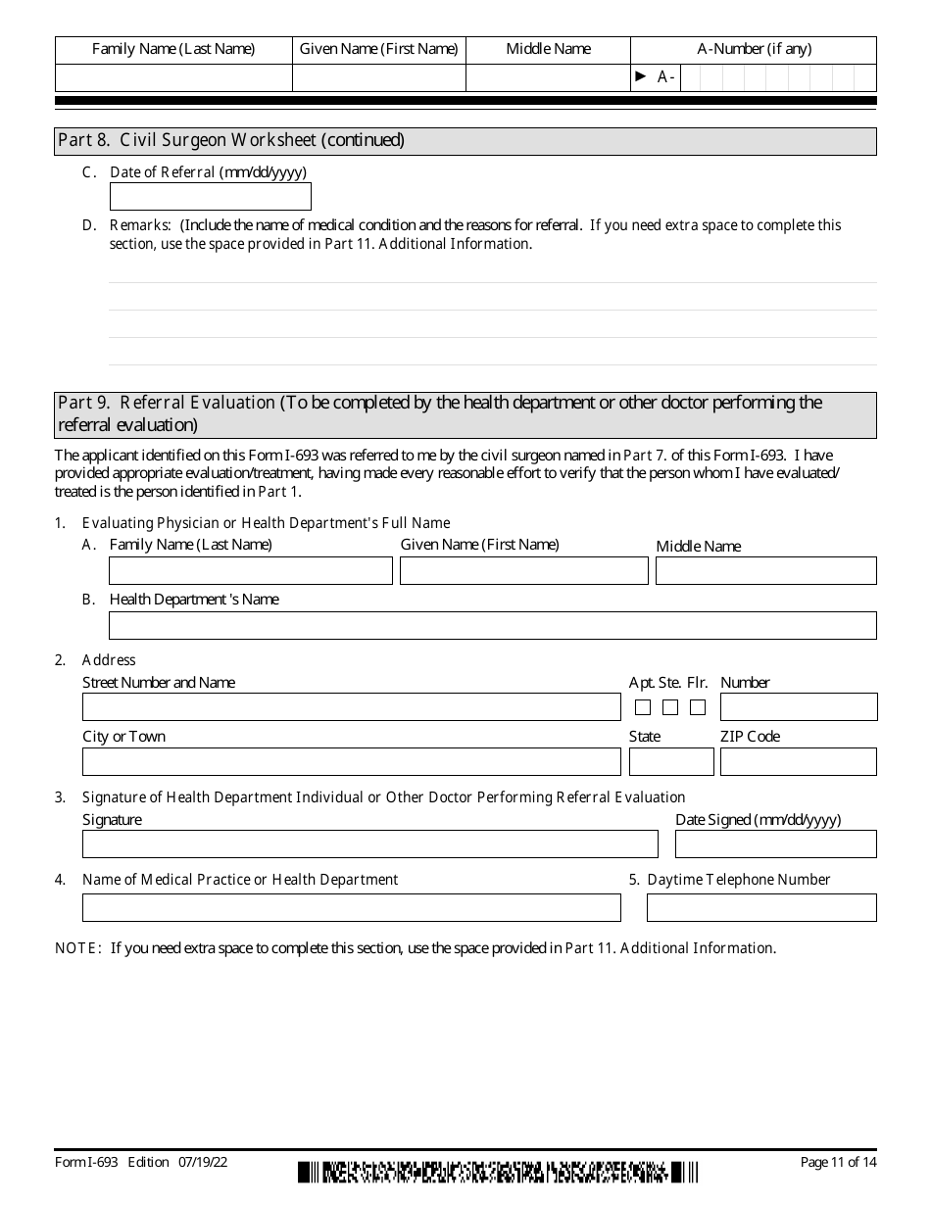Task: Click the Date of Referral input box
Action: [210, 197]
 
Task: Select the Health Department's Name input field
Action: [492, 626]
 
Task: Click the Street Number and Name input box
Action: [351, 707]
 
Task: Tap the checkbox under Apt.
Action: [643, 707]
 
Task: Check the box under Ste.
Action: [670, 707]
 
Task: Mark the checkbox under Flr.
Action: [698, 707]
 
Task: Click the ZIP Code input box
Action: [798, 762]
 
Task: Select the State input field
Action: [671, 762]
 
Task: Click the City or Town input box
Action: [351, 762]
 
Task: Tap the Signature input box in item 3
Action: [369, 844]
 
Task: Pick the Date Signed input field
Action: [775, 844]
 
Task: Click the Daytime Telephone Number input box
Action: [761, 908]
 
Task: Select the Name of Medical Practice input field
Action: [351, 908]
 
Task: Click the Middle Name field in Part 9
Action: [765, 571]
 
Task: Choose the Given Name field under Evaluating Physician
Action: [523, 571]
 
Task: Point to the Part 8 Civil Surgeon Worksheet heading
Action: [231, 140]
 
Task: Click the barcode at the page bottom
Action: [498, 1172]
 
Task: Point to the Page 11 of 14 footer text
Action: [838, 1163]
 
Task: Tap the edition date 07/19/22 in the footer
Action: [204, 1163]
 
